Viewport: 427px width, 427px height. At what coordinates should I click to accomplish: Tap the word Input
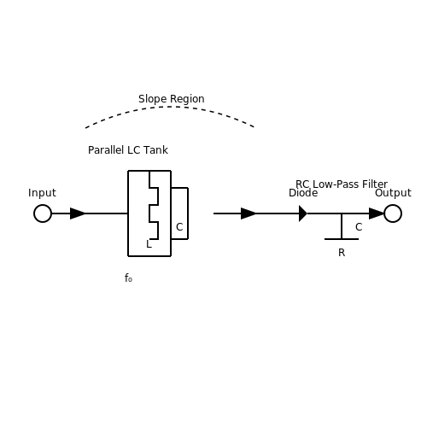point(42,193)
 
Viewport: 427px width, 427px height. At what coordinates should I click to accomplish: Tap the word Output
point(393,193)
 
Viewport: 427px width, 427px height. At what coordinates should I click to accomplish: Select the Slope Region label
point(172,99)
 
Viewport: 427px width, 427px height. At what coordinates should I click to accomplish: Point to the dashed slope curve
point(171,107)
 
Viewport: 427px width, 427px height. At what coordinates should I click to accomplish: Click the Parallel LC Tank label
point(128,150)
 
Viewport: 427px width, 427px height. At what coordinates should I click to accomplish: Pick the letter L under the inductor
point(149,244)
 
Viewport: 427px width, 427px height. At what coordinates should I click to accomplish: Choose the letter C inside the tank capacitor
point(179,227)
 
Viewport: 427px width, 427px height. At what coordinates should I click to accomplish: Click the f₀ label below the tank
point(128,278)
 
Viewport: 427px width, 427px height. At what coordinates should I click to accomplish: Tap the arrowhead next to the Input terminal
point(78,213)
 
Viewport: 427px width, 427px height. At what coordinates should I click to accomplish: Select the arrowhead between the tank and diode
point(249,213)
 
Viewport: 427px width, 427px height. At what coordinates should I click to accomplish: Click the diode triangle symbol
point(303,213)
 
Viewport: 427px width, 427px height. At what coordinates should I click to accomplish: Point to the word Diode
point(303,193)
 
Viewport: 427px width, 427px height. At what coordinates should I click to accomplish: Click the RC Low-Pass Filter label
point(342,184)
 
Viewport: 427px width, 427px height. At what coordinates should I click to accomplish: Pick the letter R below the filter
point(342,253)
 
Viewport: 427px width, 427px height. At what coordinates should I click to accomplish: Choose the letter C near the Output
point(359,227)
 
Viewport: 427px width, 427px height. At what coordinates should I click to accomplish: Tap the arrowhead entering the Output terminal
point(377,213)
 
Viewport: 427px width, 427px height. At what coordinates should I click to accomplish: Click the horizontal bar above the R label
point(342,239)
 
